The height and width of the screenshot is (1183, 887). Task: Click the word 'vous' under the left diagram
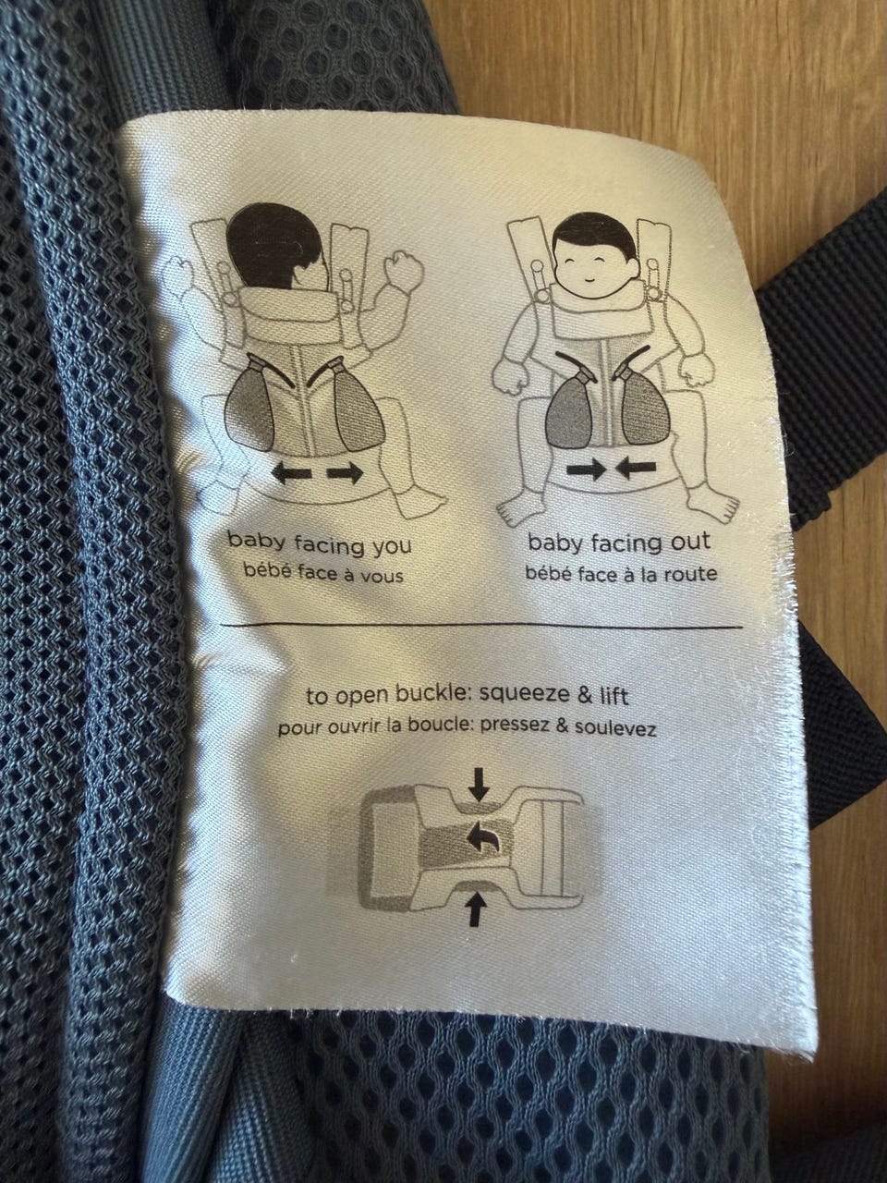pyautogui.click(x=381, y=576)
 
